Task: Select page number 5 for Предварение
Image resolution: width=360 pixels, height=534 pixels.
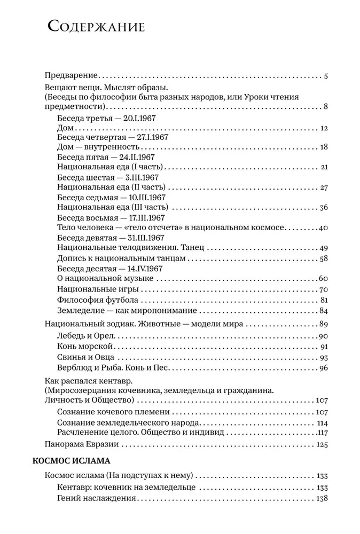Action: click(325, 76)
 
